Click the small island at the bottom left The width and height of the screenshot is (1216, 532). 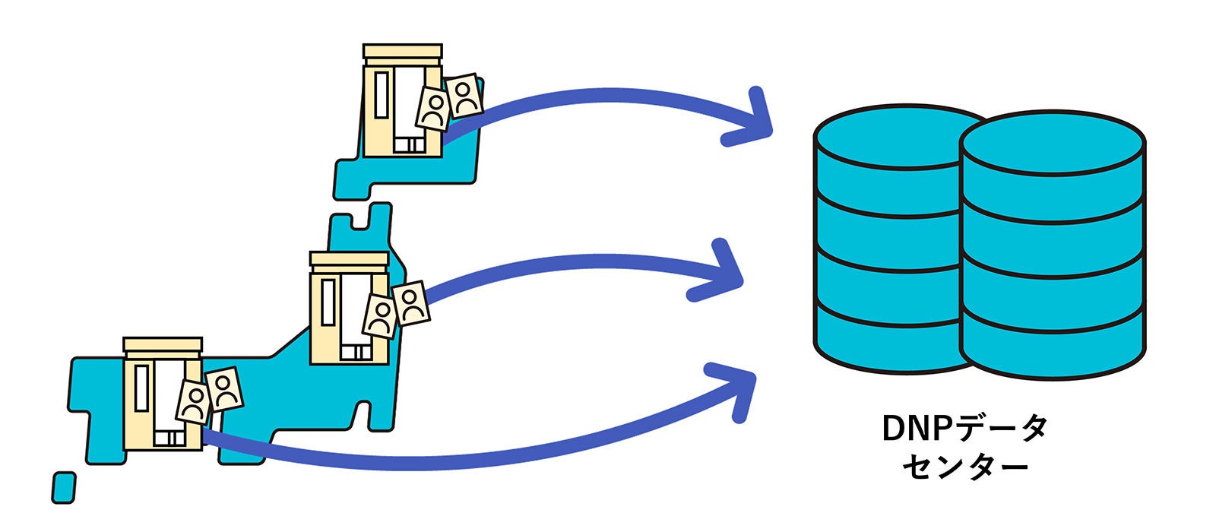64,487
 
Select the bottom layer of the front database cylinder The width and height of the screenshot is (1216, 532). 1053,346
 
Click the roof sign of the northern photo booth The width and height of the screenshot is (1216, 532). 402,51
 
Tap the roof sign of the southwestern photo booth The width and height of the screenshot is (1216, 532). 163,345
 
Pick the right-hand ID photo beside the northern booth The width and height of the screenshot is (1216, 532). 464,94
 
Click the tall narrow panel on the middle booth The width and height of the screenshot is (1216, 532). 328,303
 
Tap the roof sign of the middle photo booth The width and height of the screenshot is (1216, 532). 349,259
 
